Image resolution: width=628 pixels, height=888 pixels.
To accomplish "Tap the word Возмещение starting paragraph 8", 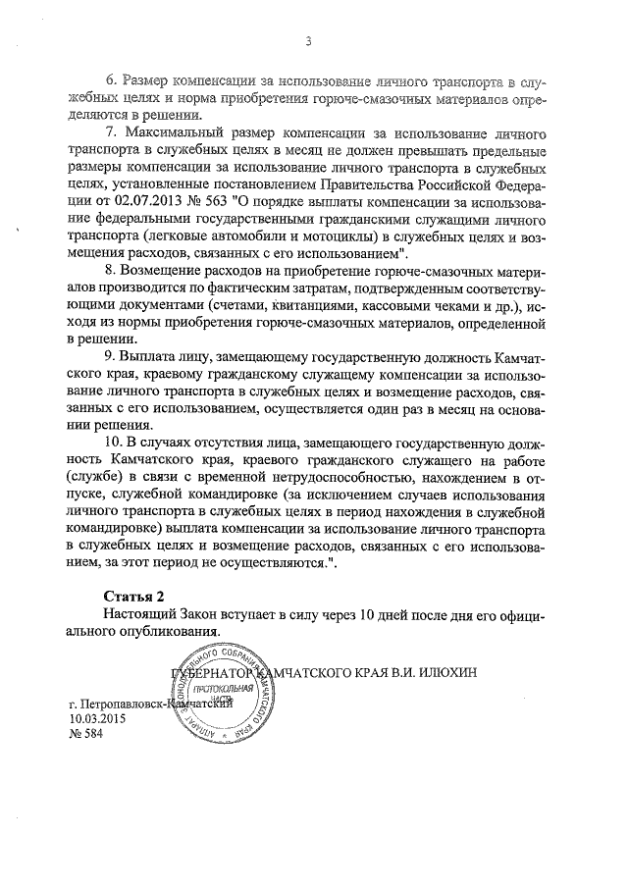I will pyautogui.click(x=169, y=269).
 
